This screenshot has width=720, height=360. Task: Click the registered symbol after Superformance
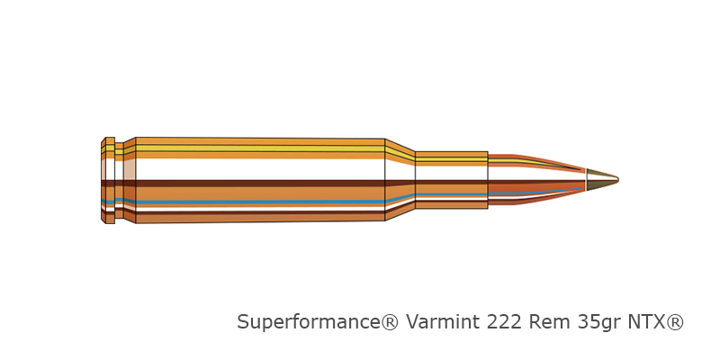(391, 322)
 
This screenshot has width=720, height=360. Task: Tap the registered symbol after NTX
(674, 322)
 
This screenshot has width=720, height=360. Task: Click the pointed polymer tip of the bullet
(602, 179)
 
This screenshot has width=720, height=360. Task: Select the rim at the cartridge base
(108, 180)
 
